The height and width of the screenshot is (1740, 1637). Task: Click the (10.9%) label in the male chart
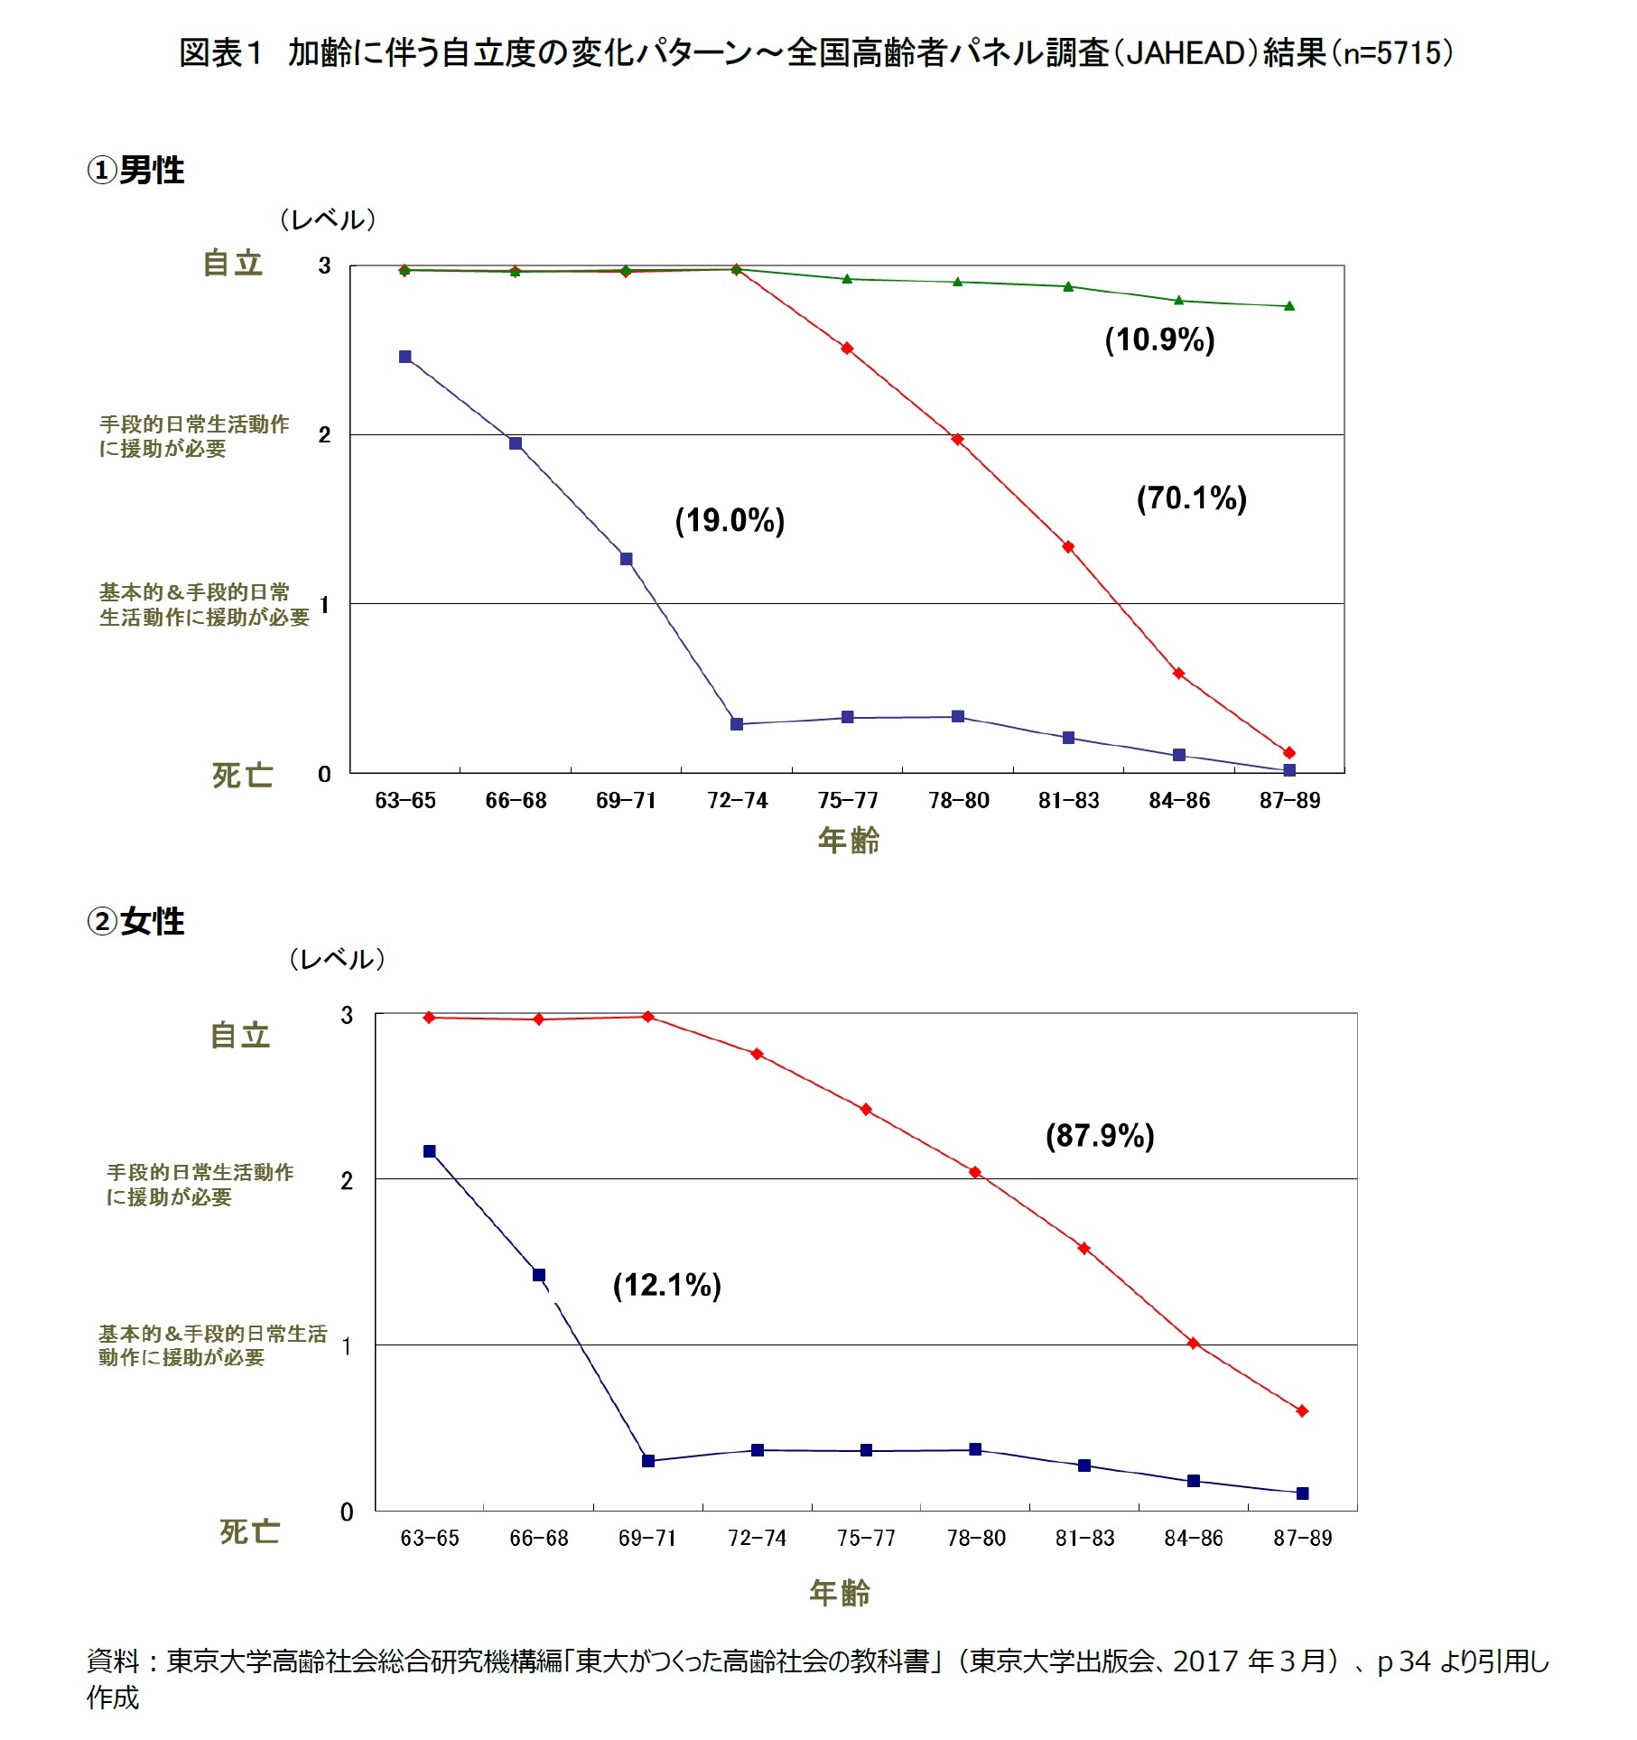[1159, 340]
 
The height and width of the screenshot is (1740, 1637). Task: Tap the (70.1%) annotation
[1191, 498]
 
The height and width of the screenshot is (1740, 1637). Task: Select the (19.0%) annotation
[730, 520]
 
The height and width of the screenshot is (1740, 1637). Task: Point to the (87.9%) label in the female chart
[1100, 1135]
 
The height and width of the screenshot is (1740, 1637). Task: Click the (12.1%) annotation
[666, 1285]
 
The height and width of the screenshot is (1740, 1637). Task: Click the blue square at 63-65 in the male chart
[405, 357]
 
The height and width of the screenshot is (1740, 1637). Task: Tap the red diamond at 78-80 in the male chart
[958, 440]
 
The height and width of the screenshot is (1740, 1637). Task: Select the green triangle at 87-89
[1289, 306]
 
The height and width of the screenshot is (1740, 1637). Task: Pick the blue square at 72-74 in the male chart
[737, 724]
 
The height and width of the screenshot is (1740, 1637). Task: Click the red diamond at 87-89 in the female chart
[1302, 1410]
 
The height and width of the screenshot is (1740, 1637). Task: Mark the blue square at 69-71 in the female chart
[648, 1461]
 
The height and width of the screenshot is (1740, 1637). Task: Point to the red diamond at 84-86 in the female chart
[1193, 1344]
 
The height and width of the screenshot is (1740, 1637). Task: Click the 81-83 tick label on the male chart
[1068, 801]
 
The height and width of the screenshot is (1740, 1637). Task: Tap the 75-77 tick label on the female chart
[866, 1538]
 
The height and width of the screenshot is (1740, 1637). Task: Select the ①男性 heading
[135, 170]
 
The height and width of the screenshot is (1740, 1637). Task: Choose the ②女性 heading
[135, 921]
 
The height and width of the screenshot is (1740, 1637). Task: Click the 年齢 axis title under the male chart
[848, 840]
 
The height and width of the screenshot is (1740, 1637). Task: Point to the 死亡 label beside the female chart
[249, 1531]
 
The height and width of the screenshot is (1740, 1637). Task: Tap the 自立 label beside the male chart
[233, 264]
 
